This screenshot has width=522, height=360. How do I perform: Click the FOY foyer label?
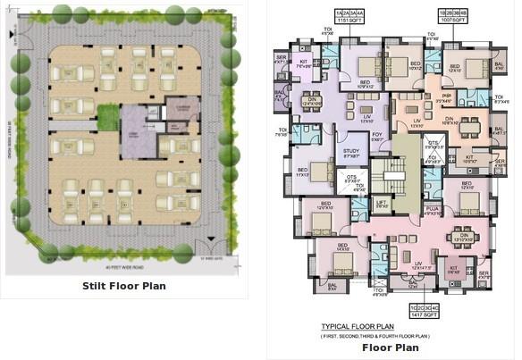coord(377,136)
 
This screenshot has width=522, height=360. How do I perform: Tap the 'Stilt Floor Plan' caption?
coord(124,286)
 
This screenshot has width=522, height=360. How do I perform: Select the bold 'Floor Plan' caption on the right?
coord(390,347)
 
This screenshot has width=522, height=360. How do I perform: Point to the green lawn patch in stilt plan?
coord(108,116)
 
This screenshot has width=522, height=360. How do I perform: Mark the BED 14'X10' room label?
coord(342,249)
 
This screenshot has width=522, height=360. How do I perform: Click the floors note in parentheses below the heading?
coord(376,335)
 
